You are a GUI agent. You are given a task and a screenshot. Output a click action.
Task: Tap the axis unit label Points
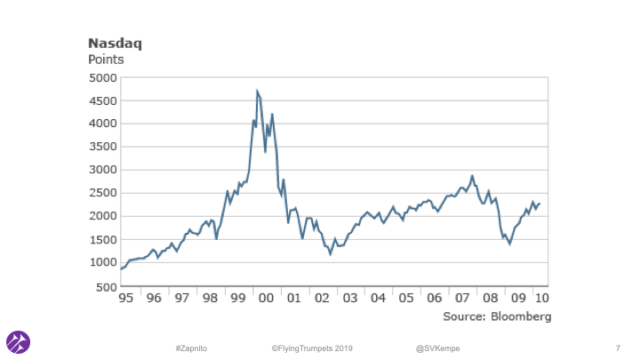(x=106, y=60)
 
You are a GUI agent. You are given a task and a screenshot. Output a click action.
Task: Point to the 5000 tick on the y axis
(x=100, y=77)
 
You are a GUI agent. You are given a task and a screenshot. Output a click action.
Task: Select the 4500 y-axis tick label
(x=100, y=100)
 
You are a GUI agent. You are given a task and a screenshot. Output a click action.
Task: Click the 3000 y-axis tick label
(x=100, y=170)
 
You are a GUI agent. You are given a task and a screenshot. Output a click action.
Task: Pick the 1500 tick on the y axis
(x=100, y=239)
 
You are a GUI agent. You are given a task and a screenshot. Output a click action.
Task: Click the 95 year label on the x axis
(x=128, y=299)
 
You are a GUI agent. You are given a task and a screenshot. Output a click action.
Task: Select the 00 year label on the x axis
(x=266, y=299)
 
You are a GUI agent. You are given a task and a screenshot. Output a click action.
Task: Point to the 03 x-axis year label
(x=349, y=299)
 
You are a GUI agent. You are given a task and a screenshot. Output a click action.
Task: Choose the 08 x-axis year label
(x=489, y=299)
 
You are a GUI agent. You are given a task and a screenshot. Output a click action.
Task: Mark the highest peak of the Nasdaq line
(x=257, y=91)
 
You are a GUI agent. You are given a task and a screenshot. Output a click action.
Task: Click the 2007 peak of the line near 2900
(x=472, y=176)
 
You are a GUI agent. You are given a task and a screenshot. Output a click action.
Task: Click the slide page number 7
(x=618, y=346)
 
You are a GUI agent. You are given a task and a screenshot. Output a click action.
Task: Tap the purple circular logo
(x=19, y=341)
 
